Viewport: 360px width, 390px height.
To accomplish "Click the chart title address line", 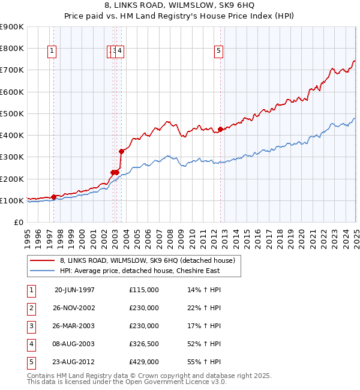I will coord(180,5).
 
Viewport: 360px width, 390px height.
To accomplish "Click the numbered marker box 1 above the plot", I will coord(53,52).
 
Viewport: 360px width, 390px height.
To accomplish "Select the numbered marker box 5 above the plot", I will coord(218,52).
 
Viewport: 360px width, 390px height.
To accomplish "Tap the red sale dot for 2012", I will coord(221,129).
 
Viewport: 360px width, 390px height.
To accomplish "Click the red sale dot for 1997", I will coord(53,197).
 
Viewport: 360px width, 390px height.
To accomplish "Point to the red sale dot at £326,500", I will coord(121,151).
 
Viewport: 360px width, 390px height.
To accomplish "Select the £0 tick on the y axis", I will coord(19,222).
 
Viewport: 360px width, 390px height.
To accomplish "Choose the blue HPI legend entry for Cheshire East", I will coord(140,271).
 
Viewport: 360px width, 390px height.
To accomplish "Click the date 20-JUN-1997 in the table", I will coord(74,290).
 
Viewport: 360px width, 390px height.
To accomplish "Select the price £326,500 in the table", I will coord(144,344).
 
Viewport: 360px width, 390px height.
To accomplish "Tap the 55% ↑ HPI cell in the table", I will coord(204,362).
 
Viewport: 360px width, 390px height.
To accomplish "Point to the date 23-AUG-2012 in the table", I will coord(74,362).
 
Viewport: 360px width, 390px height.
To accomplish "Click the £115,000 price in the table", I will coord(144,290).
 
